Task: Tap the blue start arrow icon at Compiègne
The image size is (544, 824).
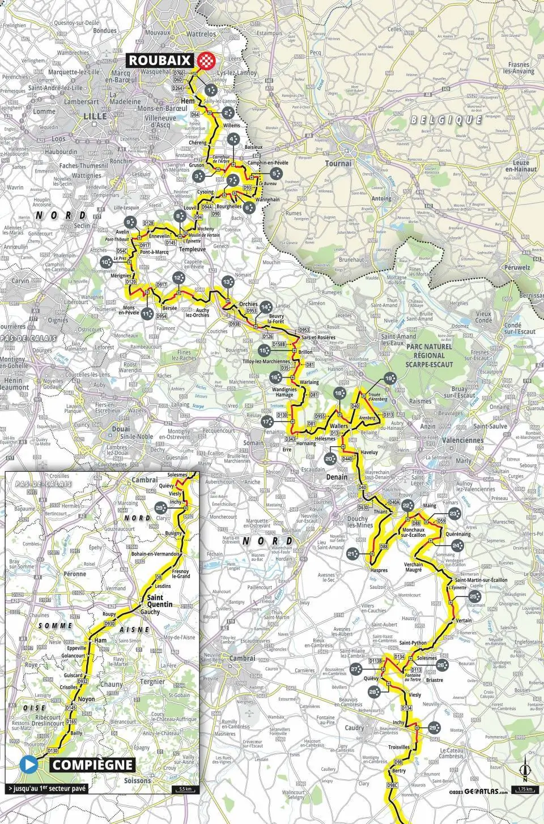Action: click(29, 765)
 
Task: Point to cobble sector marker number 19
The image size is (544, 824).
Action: click(389, 379)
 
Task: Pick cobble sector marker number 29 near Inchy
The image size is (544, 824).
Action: click(434, 728)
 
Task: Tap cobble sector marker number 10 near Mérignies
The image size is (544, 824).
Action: click(106, 262)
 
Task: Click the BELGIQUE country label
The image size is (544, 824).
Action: click(446, 120)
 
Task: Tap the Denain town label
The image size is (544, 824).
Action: click(337, 477)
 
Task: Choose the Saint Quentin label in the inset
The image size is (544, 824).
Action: click(155, 601)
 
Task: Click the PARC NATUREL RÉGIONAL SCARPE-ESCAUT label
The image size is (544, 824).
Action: click(429, 355)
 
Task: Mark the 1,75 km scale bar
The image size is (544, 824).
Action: click(525, 789)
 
